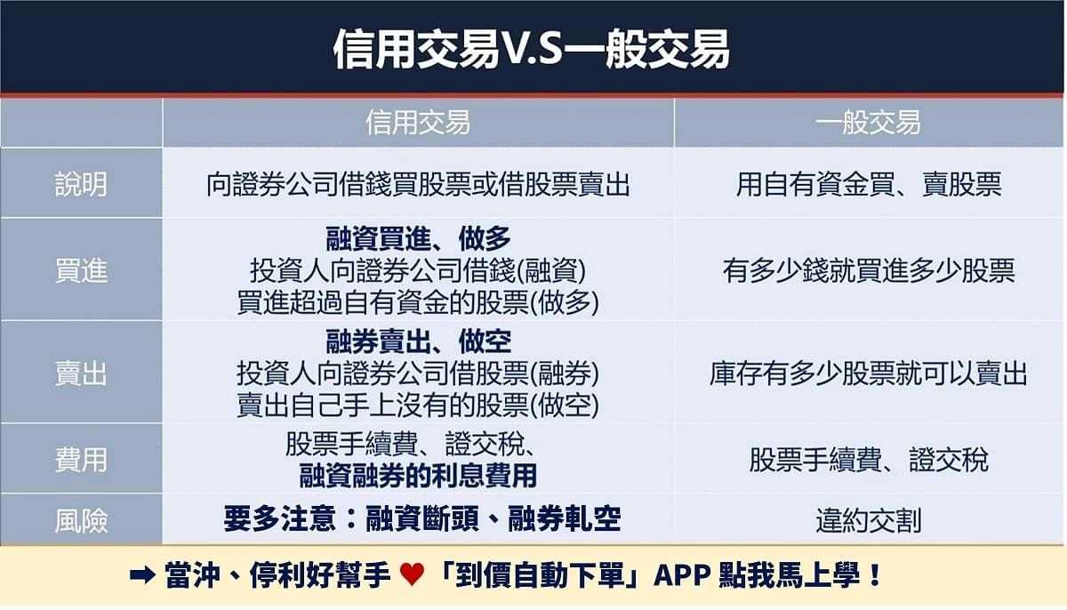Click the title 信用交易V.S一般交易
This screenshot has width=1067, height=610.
click(531, 50)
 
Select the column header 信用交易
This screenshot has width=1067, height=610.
click(418, 122)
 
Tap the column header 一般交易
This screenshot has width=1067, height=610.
click(868, 122)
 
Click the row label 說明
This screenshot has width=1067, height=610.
click(81, 183)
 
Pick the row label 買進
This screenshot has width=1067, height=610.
click(81, 270)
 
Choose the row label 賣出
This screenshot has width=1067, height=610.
click(81, 373)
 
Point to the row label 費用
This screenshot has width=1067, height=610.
click(81, 460)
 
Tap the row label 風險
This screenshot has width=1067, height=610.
click(81, 520)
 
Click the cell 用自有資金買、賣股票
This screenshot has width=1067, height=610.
click(868, 184)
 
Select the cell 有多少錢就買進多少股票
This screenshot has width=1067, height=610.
click(868, 270)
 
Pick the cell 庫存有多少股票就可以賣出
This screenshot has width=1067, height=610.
click(868, 373)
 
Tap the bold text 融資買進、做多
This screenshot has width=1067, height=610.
click(418, 237)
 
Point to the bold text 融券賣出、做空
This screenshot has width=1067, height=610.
click(418, 341)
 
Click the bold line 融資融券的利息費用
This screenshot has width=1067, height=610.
click(418, 475)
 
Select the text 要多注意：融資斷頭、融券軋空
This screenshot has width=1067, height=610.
click(421, 519)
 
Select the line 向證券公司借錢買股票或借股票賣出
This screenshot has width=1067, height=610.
click(418, 184)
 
